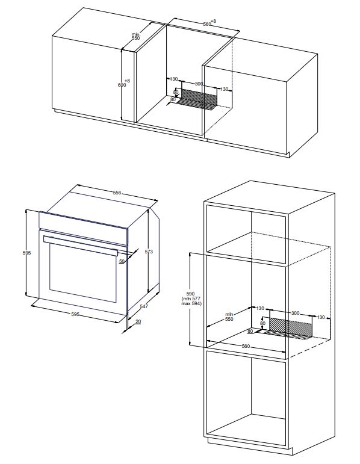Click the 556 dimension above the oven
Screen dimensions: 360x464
click(117, 193)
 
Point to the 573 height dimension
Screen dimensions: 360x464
click(149, 252)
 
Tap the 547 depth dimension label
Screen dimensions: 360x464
click(144, 306)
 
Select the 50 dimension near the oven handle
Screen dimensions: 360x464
click(122, 261)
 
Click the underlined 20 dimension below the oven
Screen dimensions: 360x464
click(138, 321)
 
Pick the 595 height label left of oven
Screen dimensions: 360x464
click(26, 253)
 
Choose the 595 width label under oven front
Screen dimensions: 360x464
click(75, 314)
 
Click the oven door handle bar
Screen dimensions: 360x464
click(81, 246)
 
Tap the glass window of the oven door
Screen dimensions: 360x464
click(83, 272)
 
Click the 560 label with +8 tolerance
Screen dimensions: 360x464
click(209, 23)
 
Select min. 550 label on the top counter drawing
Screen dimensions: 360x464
click(135, 36)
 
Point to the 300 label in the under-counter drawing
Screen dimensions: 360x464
click(199, 84)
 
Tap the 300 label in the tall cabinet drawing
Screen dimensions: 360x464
click(295, 313)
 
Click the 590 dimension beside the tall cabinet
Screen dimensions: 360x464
click(191, 294)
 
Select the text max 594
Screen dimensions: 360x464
click(191, 303)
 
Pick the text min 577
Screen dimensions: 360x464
click(191, 299)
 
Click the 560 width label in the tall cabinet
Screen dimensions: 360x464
click(246, 346)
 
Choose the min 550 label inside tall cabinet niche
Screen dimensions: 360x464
click(229, 317)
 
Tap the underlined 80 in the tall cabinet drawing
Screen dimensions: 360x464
click(250, 331)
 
